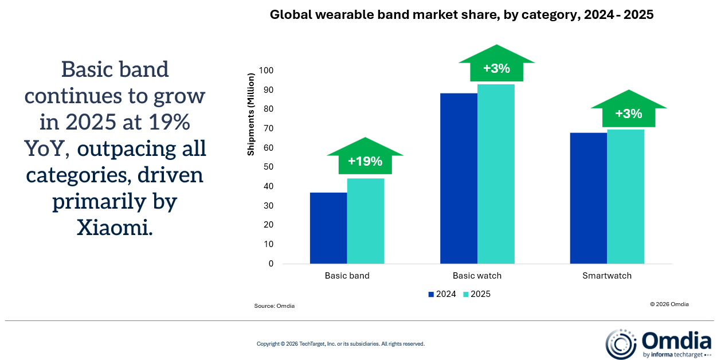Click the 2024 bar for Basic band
[x=328, y=228]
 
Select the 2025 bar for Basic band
[x=366, y=221]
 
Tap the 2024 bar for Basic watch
[x=459, y=178]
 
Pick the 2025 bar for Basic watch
[x=496, y=174]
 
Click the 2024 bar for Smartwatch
[x=589, y=198]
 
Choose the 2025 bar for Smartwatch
[x=626, y=196]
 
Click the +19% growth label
[x=365, y=161]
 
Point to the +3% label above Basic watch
[x=496, y=68]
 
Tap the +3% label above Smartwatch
[x=628, y=114]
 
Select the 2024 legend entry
[x=442, y=294]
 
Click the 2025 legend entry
[x=476, y=294]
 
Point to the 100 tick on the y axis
[x=266, y=71]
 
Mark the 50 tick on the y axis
[x=268, y=167]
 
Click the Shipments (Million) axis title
[x=250, y=115]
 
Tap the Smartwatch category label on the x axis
[x=607, y=276]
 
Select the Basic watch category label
[x=477, y=276]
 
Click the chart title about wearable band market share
[x=461, y=15]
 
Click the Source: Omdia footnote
[x=275, y=306]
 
